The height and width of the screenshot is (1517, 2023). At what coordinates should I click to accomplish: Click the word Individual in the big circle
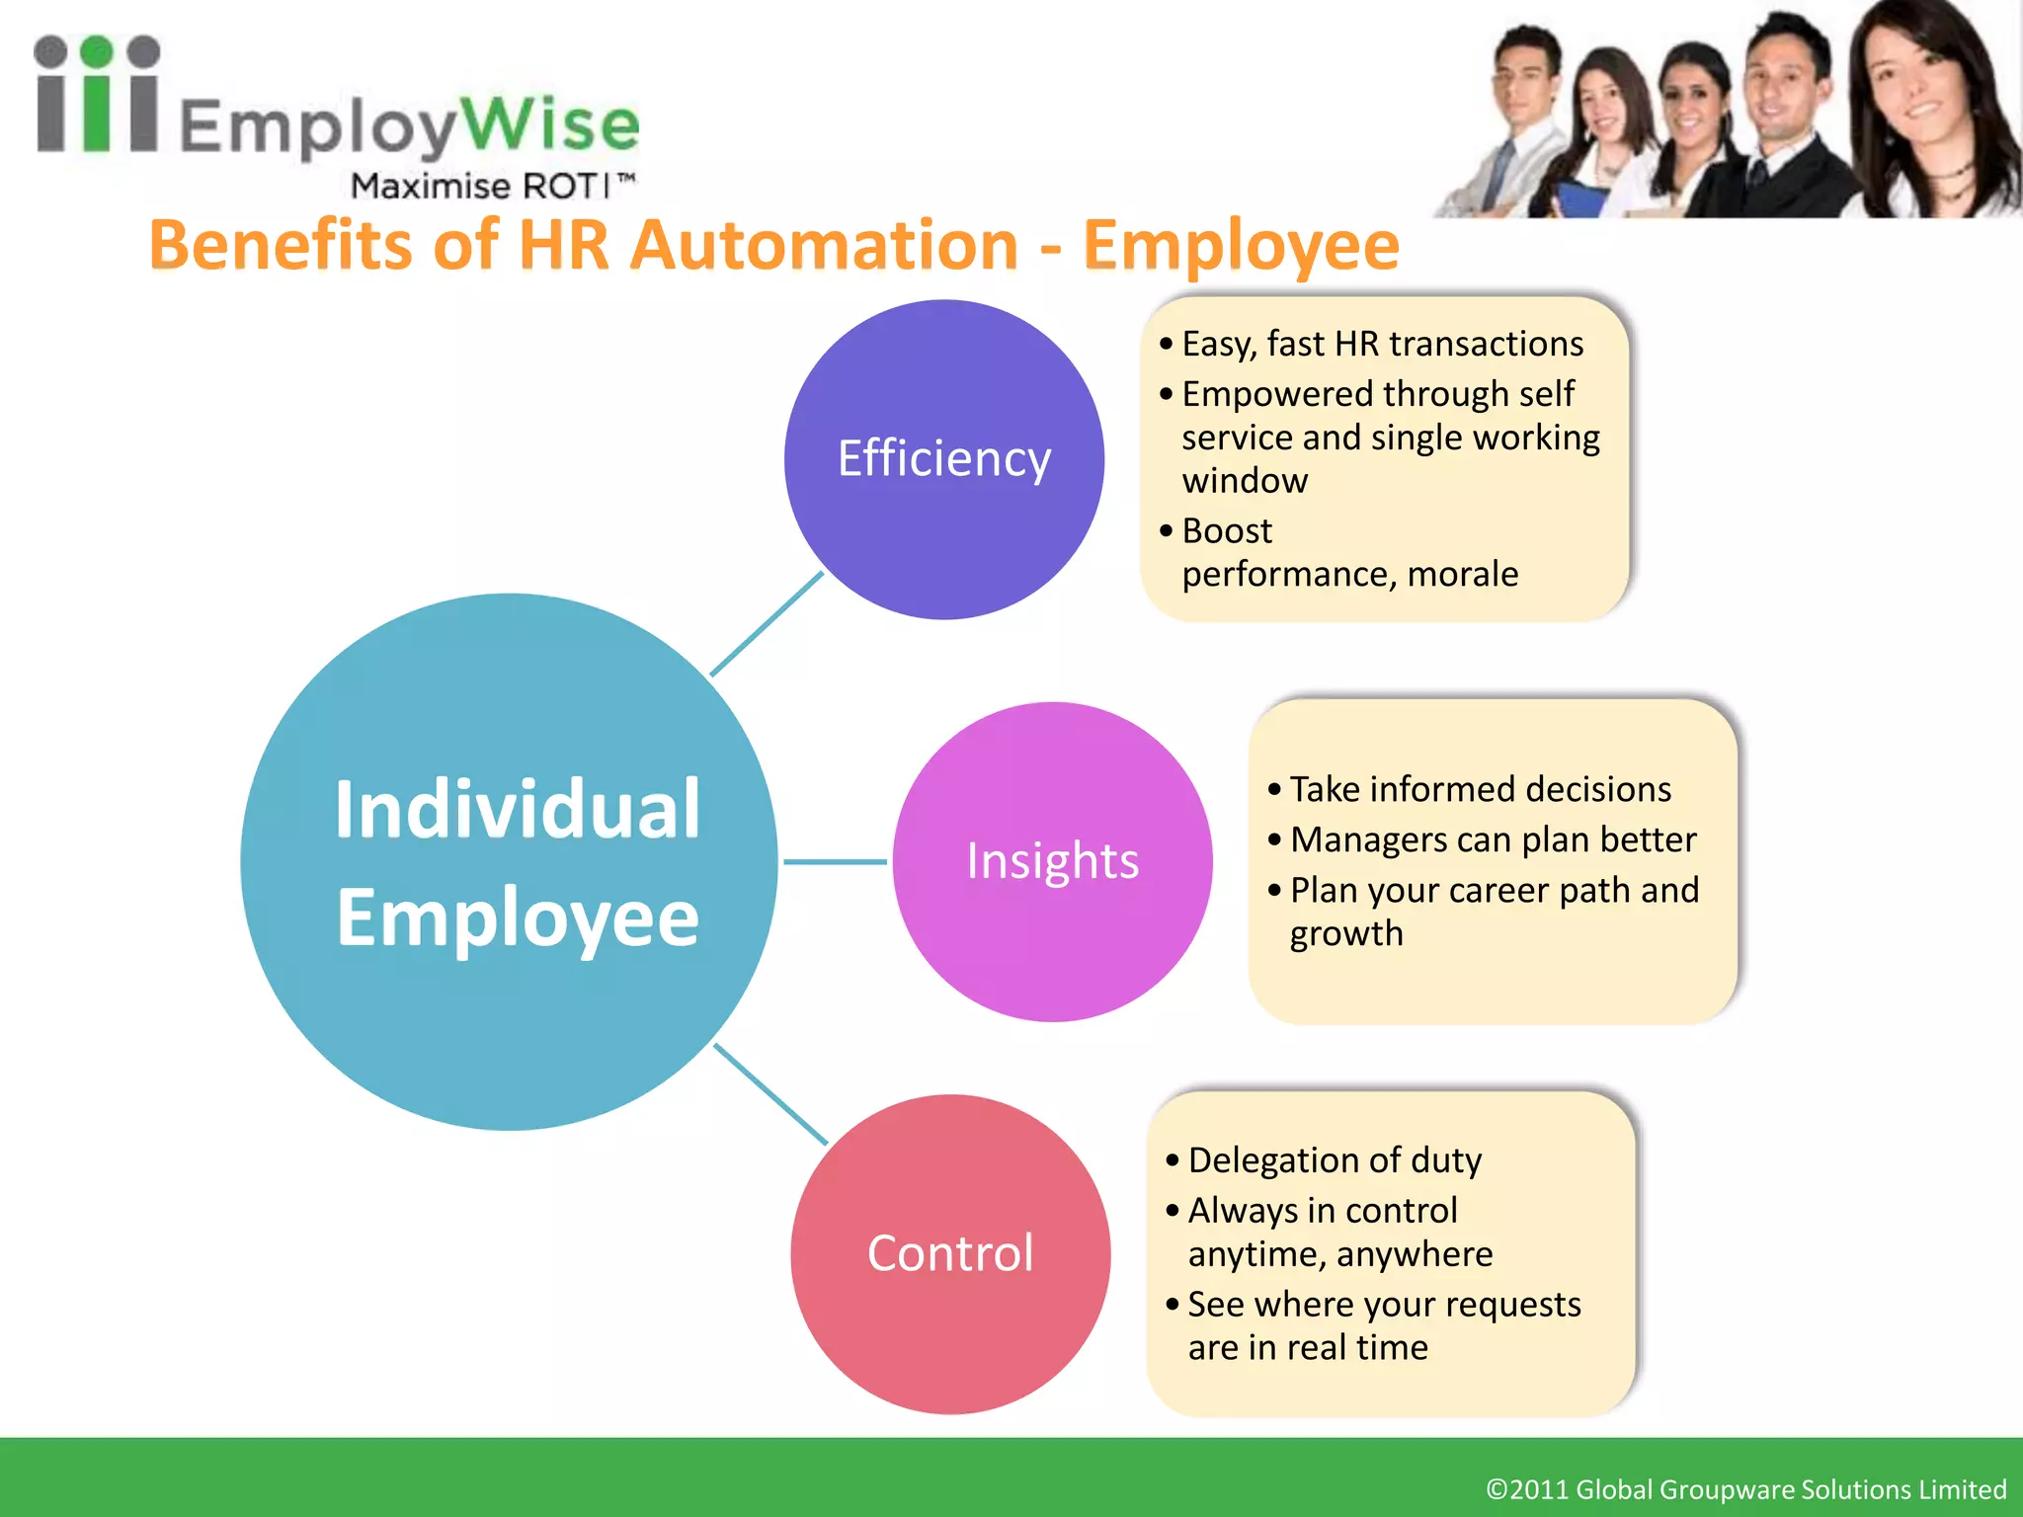point(518,810)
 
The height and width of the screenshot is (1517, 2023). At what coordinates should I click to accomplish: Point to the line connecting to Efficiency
point(767,624)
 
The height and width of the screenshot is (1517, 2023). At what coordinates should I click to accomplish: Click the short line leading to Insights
point(835,861)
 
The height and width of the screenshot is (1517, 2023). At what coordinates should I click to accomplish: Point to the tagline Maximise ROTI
point(491,186)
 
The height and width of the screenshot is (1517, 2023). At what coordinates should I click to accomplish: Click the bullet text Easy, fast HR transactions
point(1382,344)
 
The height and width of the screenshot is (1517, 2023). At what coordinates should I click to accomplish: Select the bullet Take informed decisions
point(1480,789)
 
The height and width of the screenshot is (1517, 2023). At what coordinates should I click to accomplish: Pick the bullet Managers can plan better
point(1493,839)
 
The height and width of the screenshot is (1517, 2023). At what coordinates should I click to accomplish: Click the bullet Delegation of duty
point(1335,1159)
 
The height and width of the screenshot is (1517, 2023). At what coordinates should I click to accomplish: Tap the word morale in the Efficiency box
point(1463,574)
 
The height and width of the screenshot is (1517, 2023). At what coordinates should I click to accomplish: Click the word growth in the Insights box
point(1346,933)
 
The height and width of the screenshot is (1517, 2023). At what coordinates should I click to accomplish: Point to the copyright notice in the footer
point(1745,1488)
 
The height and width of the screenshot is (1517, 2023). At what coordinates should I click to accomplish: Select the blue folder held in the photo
point(1580,198)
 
